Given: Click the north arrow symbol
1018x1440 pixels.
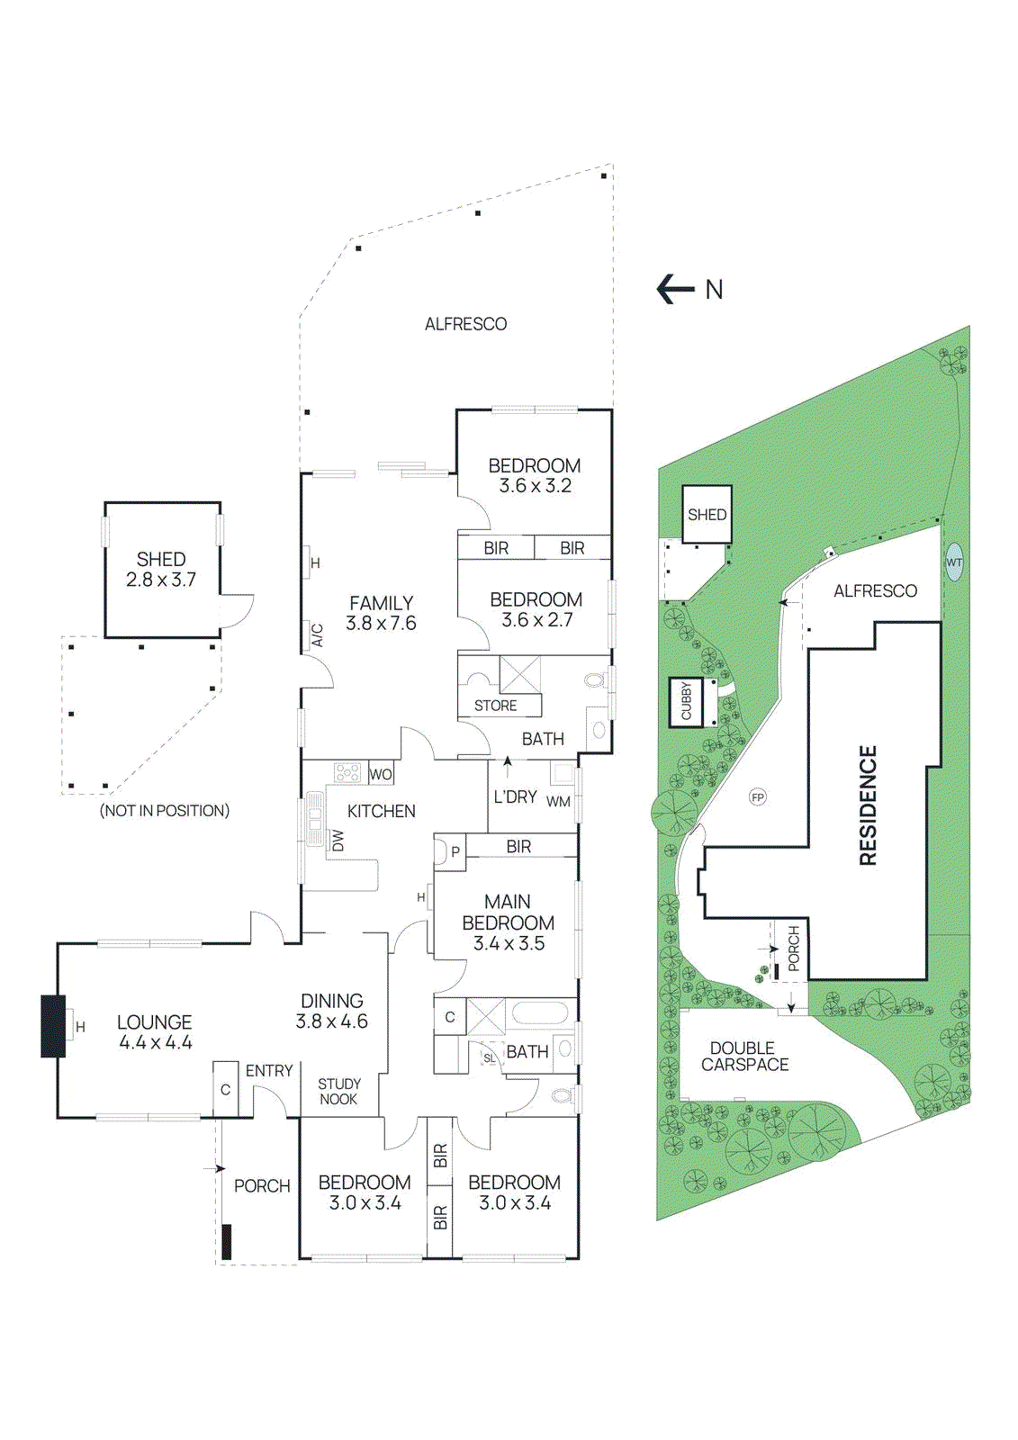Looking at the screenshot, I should pyautogui.click(x=676, y=289).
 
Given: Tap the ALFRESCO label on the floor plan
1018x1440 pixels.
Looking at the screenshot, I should pyautogui.click(x=465, y=324).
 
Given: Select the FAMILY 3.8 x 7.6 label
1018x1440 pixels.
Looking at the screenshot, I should pyautogui.click(x=381, y=613).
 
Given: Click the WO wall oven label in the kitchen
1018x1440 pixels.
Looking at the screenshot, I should pyautogui.click(x=381, y=774).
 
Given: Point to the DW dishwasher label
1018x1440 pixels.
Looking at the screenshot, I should pyautogui.click(x=338, y=841).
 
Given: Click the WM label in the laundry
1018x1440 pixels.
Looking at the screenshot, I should pyautogui.click(x=558, y=801).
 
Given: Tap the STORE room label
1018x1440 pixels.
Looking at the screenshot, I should pyautogui.click(x=495, y=706).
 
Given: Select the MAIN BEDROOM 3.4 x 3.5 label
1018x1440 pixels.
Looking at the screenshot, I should pyautogui.click(x=508, y=922).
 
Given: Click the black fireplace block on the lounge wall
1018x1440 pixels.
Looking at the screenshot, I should pyautogui.click(x=53, y=1026).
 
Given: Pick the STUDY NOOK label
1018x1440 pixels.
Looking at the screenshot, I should pyautogui.click(x=338, y=1091).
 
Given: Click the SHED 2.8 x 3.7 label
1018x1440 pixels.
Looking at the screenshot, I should pyautogui.click(x=161, y=570).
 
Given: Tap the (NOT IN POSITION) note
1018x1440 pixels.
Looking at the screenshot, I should pyautogui.click(x=165, y=811).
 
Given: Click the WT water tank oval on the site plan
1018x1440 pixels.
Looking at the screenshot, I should pyautogui.click(x=954, y=562).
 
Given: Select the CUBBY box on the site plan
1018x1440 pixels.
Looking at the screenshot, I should pyautogui.click(x=687, y=701).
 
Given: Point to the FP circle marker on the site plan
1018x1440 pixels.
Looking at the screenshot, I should pyautogui.click(x=758, y=797).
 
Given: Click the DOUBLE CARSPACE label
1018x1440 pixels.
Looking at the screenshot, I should pyautogui.click(x=744, y=1056).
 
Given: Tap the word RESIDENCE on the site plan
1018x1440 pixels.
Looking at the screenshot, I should pyautogui.click(x=868, y=805).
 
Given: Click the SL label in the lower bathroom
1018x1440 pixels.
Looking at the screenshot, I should pyautogui.click(x=489, y=1058).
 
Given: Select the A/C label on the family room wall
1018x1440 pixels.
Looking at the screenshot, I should pyautogui.click(x=317, y=635).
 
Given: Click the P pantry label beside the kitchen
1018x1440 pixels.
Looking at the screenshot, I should pyautogui.click(x=455, y=851).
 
